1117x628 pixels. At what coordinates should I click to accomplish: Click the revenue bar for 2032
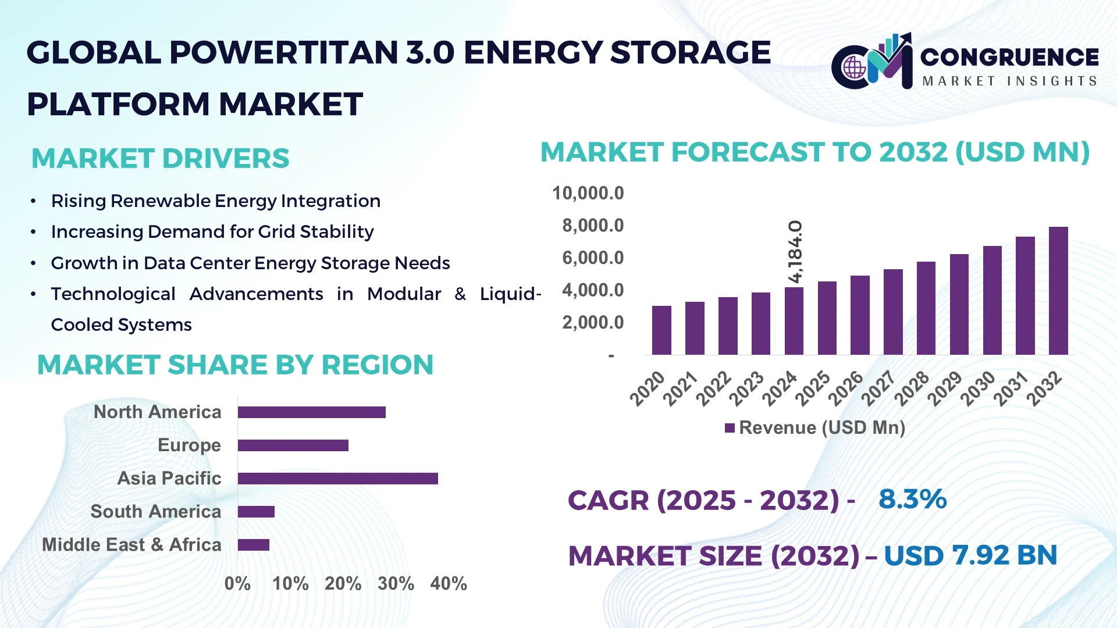(x=1058, y=291)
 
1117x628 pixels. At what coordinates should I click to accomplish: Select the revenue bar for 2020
(x=661, y=330)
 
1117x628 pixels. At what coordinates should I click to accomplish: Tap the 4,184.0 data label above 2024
(x=795, y=252)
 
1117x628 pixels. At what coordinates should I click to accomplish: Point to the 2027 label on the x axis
(x=878, y=388)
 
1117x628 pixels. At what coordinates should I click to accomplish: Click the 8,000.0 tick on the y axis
(x=593, y=226)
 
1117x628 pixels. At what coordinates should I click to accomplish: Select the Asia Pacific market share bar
(x=337, y=479)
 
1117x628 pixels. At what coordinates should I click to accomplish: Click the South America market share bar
(x=256, y=512)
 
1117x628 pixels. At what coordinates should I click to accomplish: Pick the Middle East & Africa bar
(x=254, y=545)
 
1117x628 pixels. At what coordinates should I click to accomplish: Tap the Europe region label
(x=189, y=445)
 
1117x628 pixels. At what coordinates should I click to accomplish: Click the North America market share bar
(x=311, y=412)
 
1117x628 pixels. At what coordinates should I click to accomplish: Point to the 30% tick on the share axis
(x=396, y=583)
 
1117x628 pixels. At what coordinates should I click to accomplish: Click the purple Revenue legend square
(x=730, y=429)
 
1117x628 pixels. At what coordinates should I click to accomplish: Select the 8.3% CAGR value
(x=912, y=499)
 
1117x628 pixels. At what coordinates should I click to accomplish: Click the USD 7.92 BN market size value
(x=970, y=555)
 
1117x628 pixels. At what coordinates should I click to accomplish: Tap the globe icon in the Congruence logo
(x=855, y=67)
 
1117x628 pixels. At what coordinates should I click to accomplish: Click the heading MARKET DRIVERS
(x=160, y=158)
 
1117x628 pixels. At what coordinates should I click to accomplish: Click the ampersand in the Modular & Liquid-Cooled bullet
(x=460, y=294)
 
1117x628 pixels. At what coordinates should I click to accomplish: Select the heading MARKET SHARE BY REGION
(x=235, y=365)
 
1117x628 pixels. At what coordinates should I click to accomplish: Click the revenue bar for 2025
(x=827, y=318)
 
